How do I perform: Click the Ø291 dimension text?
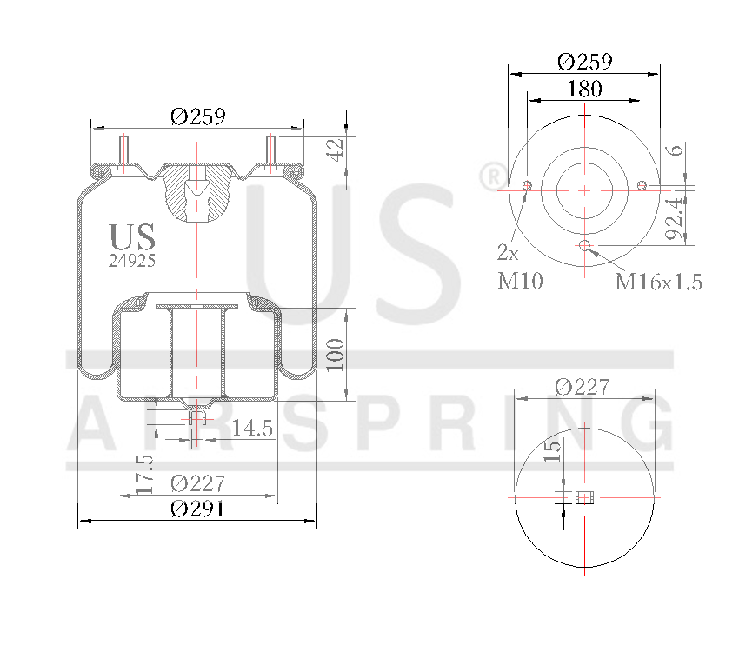coord(197,509)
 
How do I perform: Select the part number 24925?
coord(132,260)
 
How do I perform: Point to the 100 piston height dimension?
coord(336,355)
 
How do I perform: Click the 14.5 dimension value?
coord(253,428)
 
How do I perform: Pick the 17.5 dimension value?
coord(145,474)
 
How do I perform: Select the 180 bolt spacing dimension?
coord(584,89)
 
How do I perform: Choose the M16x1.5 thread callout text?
coord(658,282)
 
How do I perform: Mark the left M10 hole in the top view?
coord(527,185)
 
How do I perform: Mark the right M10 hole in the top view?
coord(642,184)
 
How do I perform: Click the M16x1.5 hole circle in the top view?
coord(584,245)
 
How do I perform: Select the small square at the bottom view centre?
coord(584,497)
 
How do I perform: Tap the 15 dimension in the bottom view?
coord(552,452)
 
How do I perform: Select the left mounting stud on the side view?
coord(123,152)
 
